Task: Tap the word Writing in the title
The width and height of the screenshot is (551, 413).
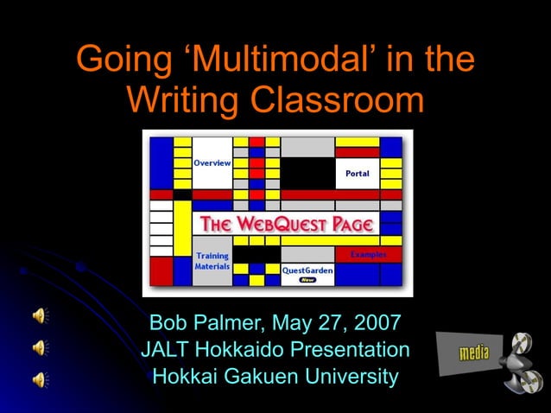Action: pos(182,100)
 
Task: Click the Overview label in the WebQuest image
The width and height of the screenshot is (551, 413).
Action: pos(212,162)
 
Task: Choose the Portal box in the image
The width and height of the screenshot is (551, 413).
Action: pos(357,174)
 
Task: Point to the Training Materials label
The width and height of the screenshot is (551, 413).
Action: pos(212,261)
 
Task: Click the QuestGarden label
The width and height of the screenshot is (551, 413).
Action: pos(307,270)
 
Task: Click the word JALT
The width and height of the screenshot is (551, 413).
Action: pos(166,351)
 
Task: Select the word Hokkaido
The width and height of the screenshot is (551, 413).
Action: pos(244,351)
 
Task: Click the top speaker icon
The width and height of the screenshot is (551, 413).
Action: pos(40,315)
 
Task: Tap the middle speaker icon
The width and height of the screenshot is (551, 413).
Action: pos(40,347)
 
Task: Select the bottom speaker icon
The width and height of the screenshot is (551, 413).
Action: pos(40,378)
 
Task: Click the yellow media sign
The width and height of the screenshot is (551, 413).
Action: pos(473,353)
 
